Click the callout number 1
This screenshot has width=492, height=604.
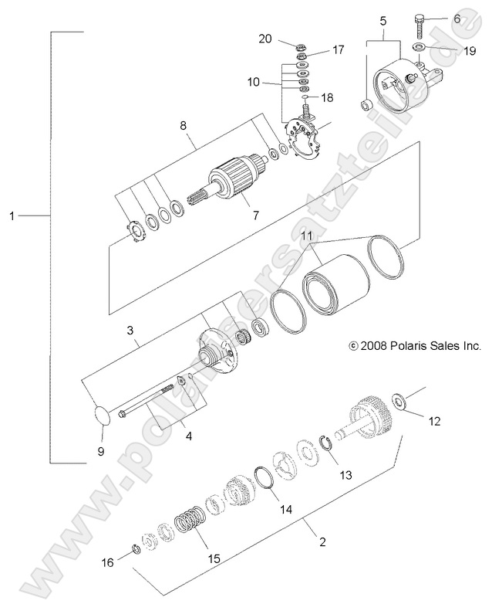point(12,216)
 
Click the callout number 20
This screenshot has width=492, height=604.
point(266,38)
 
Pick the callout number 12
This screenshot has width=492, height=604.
point(435,421)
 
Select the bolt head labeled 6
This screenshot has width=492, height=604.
point(420,19)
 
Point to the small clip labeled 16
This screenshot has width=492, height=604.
point(134,549)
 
